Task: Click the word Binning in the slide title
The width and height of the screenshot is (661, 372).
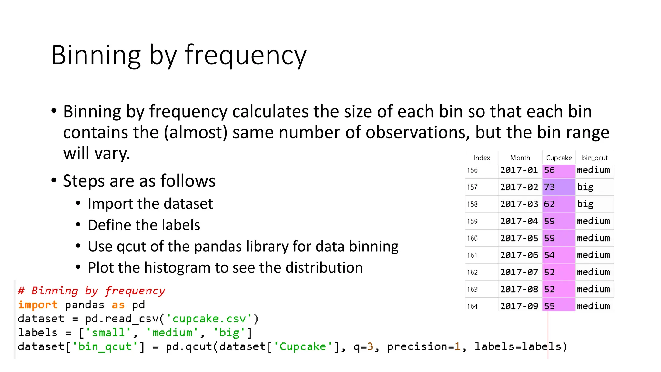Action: (x=96, y=55)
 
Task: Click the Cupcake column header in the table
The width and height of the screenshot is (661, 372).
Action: (x=559, y=158)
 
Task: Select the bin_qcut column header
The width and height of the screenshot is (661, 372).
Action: (x=595, y=158)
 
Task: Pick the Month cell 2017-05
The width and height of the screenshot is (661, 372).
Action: (x=519, y=238)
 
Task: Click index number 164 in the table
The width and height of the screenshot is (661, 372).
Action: (x=472, y=306)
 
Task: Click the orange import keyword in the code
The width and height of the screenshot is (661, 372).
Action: (x=37, y=305)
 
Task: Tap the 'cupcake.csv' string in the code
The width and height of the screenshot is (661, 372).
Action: (x=209, y=319)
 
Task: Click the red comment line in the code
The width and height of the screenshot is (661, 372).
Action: (x=91, y=291)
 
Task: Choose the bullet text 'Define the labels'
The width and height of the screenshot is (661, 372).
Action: (x=144, y=225)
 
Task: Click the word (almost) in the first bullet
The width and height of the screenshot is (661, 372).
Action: (x=196, y=132)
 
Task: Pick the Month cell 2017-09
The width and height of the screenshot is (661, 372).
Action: (x=519, y=306)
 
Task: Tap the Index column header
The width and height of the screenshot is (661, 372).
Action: (x=482, y=158)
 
